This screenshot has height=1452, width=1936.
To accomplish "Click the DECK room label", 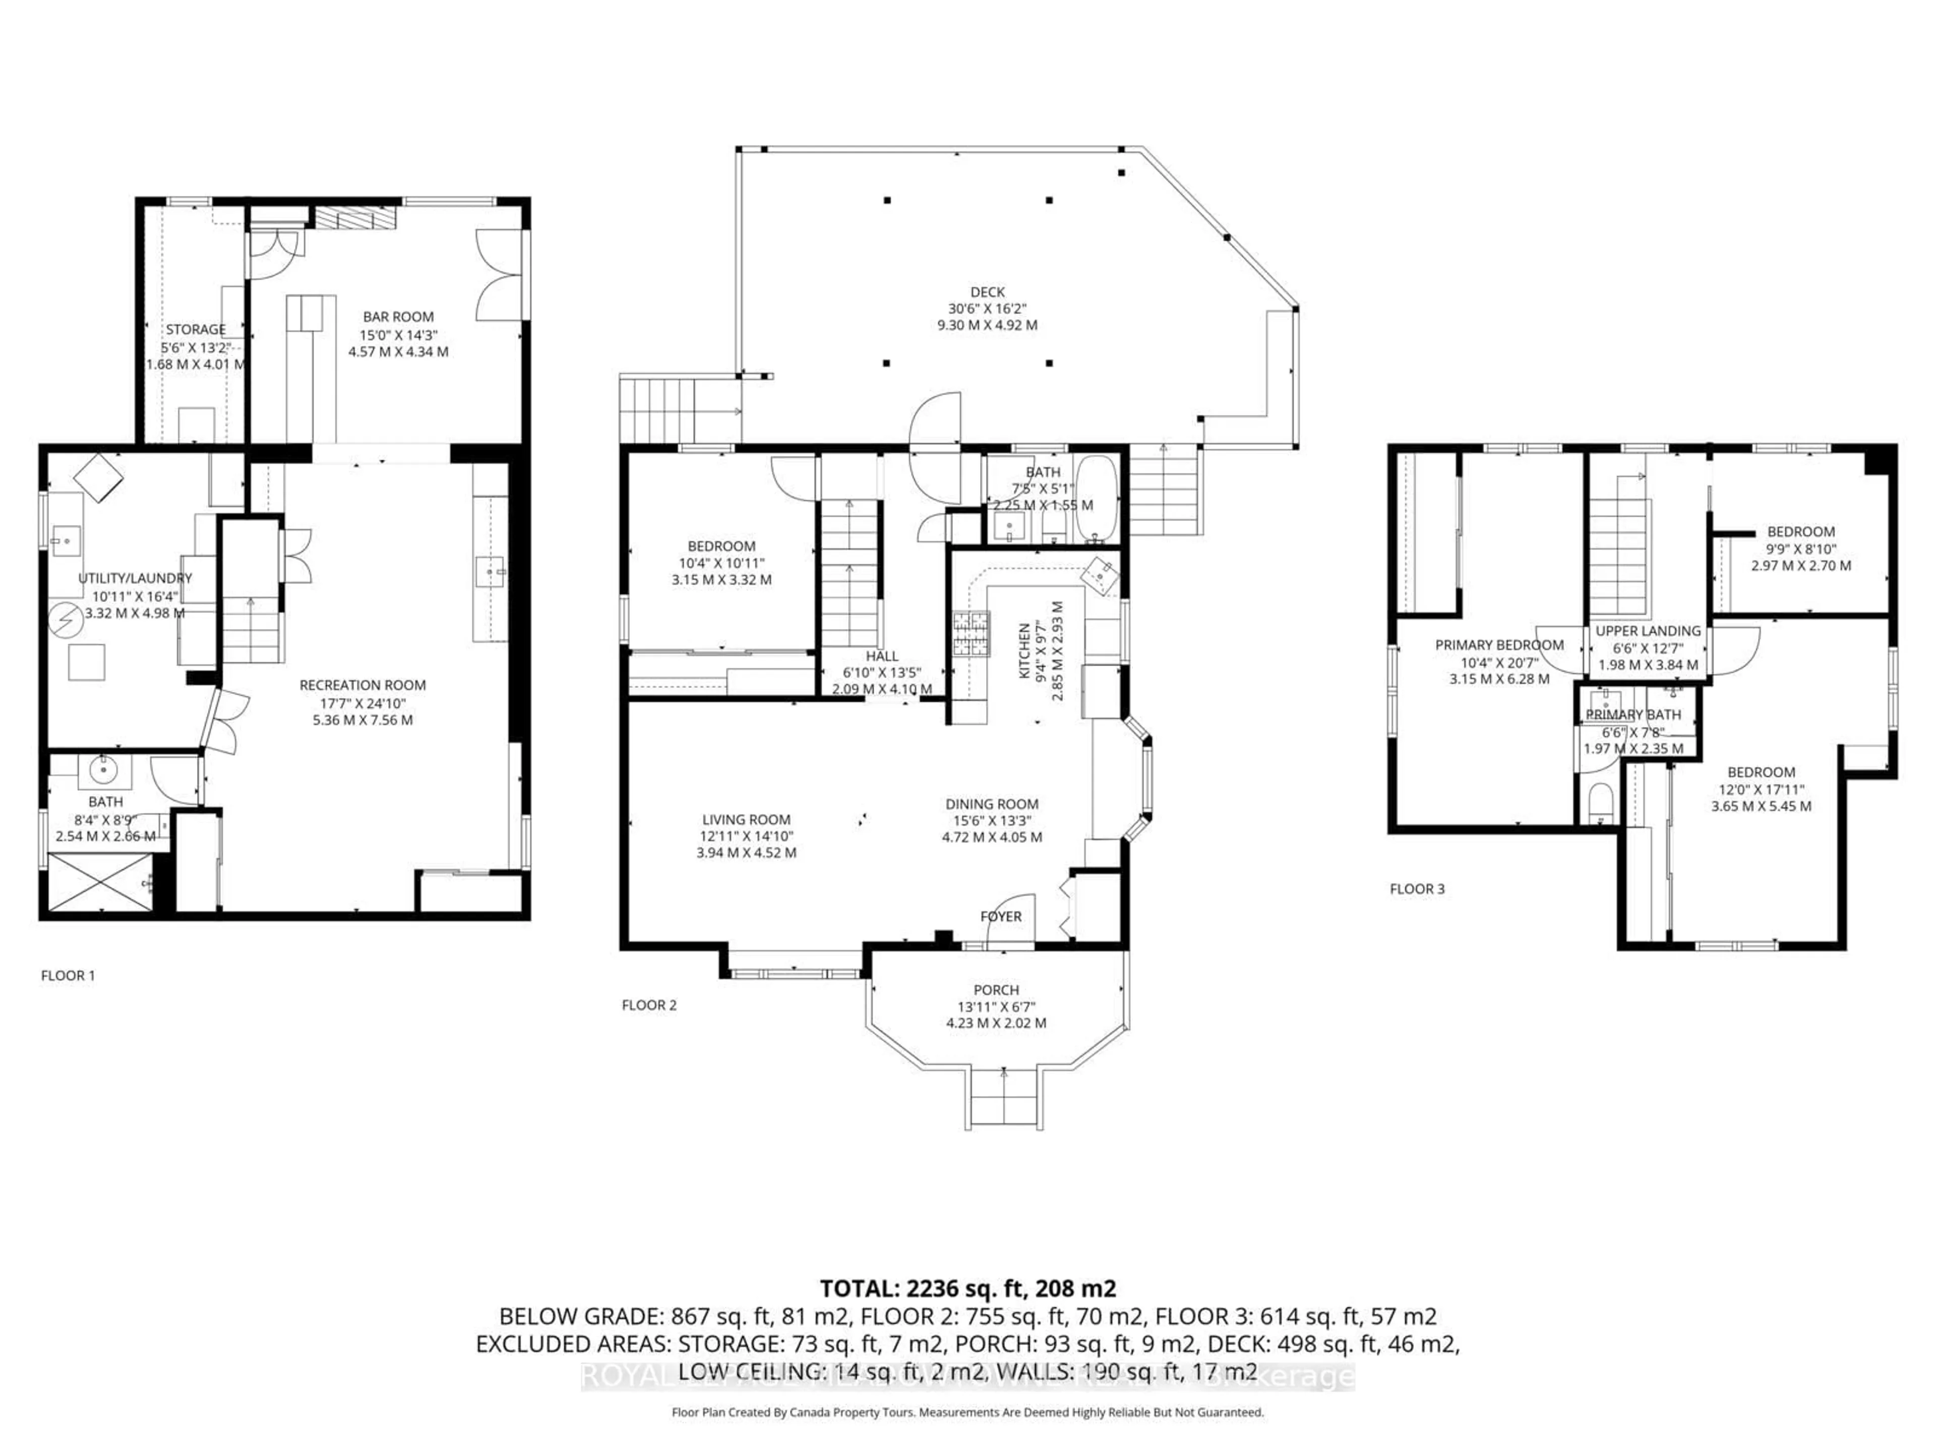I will coord(987,291).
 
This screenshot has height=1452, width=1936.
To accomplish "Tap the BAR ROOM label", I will coord(398,317).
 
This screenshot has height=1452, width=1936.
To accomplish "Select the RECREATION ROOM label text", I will coord(362,685).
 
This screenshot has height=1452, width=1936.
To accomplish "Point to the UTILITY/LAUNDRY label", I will coord(135,578).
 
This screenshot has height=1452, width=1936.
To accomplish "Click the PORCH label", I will coord(996,990).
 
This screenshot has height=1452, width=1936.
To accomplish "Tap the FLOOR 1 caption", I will coord(68,975).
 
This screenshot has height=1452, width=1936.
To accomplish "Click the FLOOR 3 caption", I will coord(1417,888).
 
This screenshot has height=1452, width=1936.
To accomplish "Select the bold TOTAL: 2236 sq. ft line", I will coord(967,1288).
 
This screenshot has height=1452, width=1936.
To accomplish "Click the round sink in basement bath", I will coord(103,770).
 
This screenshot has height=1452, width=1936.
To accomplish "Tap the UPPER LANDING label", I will coord(1648,630).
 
